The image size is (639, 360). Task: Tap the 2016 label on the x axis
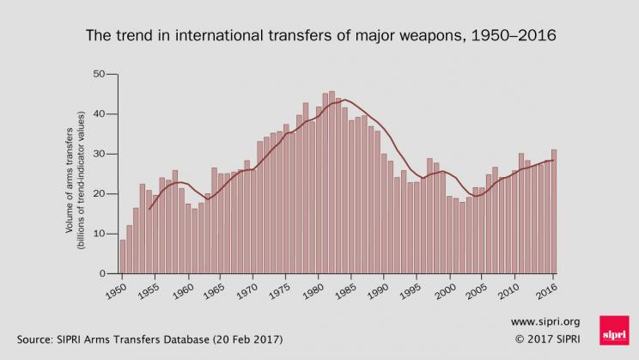546,288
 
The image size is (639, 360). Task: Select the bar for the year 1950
123,256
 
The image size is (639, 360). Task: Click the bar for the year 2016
554,211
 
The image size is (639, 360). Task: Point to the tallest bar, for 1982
332,182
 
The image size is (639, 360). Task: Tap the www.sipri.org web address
539,321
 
